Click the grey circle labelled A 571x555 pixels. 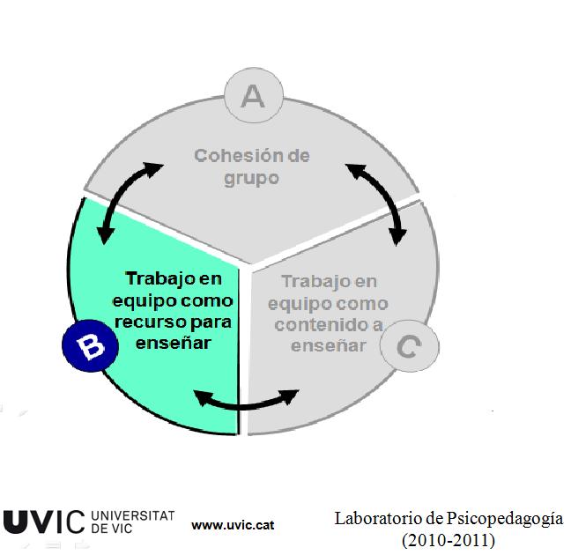click(x=253, y=96)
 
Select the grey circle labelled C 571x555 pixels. click(x=409, y=345)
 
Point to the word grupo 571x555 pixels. click(x=250, y=177)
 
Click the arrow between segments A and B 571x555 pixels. click(x=130, y=200)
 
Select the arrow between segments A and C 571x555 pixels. click(x=377, y=200)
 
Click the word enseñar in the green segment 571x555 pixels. click(x=174, y=342)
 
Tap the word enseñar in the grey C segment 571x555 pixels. click(x=329, y=344)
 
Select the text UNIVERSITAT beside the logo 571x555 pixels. click(x=132, y=514)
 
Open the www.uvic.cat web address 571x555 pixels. click(x=233, y=524)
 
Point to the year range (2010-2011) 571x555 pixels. click(x=448, y=538)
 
